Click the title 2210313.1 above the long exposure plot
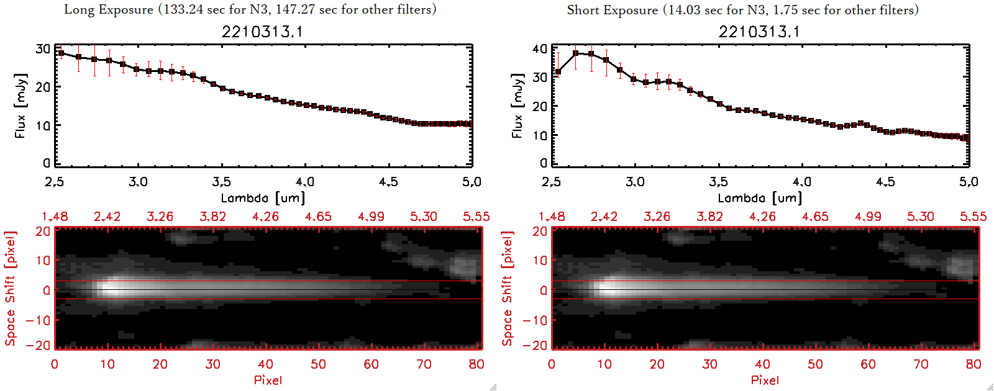262,32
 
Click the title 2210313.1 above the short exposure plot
759,32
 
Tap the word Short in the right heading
583,10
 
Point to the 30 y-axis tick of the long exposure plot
43,49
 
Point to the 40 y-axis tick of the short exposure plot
540,48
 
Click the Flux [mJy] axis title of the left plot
21,106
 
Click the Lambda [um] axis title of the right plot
759,198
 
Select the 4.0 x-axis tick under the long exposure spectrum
304,182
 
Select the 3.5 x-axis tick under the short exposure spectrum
718,182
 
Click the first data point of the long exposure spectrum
61,53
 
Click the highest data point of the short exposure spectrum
576,53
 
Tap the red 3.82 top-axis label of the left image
212,217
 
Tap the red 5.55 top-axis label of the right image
973,217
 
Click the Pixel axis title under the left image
268,380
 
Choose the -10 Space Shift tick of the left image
39,320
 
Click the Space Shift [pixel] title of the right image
508,289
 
